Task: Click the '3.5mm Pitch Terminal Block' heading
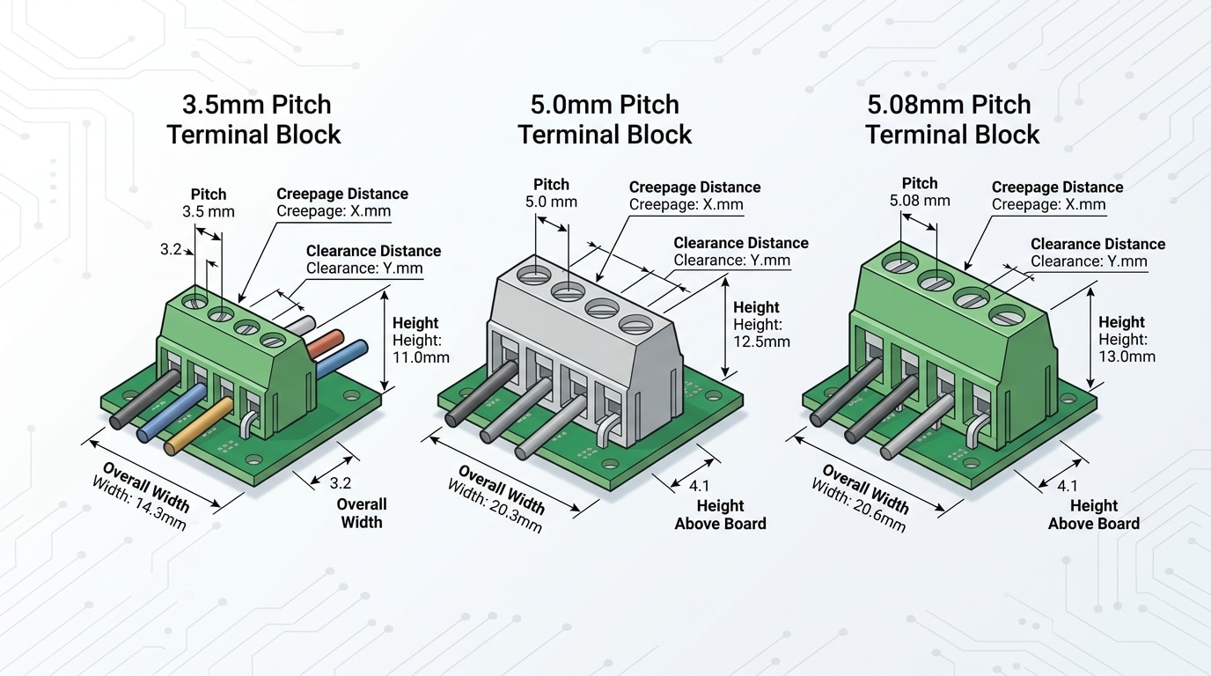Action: point(254,120)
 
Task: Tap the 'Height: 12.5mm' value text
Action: point(761,333)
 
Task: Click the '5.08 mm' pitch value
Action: point(920,201)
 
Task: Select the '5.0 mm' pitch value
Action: point(551,202)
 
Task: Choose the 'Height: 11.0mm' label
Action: point(421,349)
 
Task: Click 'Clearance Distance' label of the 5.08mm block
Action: point(1097,244)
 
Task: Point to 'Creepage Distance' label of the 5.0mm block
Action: point(694,187)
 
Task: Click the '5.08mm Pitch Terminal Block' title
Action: point(951,120)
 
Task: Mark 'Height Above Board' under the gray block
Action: point(720,515)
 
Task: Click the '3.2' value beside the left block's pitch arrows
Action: point(171,250)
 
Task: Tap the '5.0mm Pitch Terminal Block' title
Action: point(605,120)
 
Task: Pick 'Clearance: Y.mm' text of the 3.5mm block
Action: point(364,268)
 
